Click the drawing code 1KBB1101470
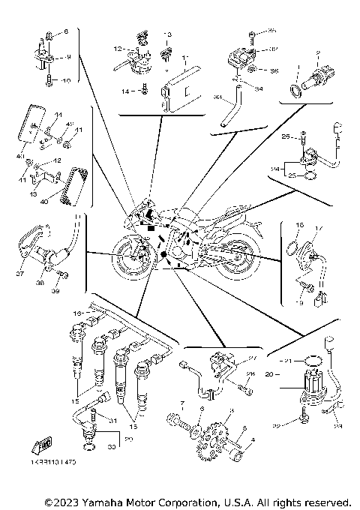click(x=53, y=463)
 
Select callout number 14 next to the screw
click(x=124, y=91)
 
